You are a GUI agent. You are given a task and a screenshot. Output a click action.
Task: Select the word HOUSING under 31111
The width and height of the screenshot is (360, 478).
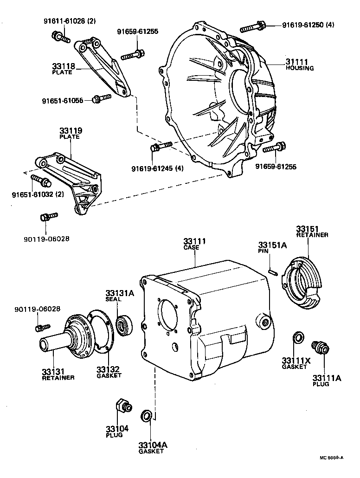299,68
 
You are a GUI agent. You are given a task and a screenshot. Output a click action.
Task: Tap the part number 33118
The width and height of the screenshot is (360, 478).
62,67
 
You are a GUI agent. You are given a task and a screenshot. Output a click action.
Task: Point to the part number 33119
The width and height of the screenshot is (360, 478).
70,131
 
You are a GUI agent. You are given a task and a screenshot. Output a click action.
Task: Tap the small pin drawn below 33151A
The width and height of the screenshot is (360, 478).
274,270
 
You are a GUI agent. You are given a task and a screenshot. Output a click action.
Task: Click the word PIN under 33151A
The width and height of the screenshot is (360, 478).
264,251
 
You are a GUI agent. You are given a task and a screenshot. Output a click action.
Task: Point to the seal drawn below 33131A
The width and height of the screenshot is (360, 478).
124,324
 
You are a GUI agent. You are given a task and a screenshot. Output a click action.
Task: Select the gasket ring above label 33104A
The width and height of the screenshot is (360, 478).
146,414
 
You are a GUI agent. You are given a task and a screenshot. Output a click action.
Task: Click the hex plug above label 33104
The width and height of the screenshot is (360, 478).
123,406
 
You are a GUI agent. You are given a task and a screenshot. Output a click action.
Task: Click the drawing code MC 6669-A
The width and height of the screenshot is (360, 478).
331,458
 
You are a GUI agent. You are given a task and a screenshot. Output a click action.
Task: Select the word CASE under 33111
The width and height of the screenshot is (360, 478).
191,248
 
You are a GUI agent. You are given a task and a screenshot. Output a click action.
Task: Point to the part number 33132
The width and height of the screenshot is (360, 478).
108,370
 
